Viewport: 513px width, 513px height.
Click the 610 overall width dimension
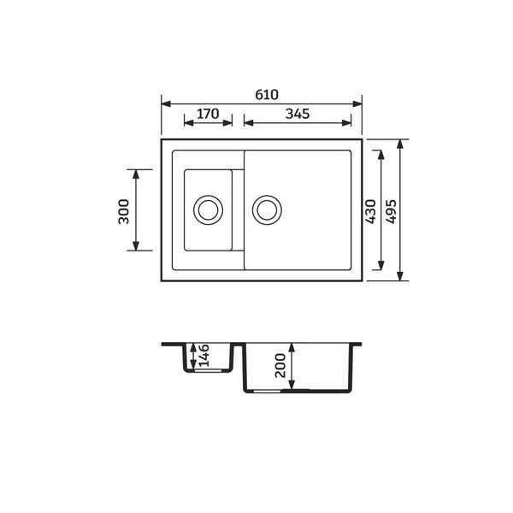(267, 95)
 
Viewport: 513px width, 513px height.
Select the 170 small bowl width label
(208, 114)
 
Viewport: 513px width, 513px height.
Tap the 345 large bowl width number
(298, 114)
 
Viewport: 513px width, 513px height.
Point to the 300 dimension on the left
(124, 211)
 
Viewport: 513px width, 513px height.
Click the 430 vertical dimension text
(371, 211)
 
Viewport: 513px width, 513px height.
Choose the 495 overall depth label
(391, 211)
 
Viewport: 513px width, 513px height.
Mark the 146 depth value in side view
(203, 356)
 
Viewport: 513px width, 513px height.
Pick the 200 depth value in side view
(280, 365)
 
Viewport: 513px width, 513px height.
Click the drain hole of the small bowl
(208, 209)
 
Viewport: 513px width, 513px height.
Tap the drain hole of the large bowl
(267, 209)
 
